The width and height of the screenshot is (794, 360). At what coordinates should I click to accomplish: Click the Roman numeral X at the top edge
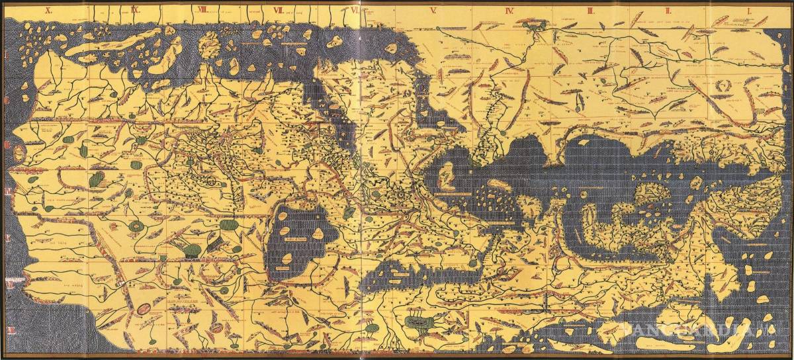coord(47,9)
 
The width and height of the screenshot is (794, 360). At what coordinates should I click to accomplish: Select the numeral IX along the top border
coord(134,9)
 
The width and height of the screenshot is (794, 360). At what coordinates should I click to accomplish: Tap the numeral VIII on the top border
coord(202,9)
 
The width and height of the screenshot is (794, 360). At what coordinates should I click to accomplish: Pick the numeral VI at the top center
coord(356,10)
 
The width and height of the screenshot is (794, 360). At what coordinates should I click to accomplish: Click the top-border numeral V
coord(433,10)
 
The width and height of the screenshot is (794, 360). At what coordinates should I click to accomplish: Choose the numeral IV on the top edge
coord(509,10)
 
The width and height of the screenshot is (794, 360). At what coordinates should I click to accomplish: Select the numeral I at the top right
coord(748,10)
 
